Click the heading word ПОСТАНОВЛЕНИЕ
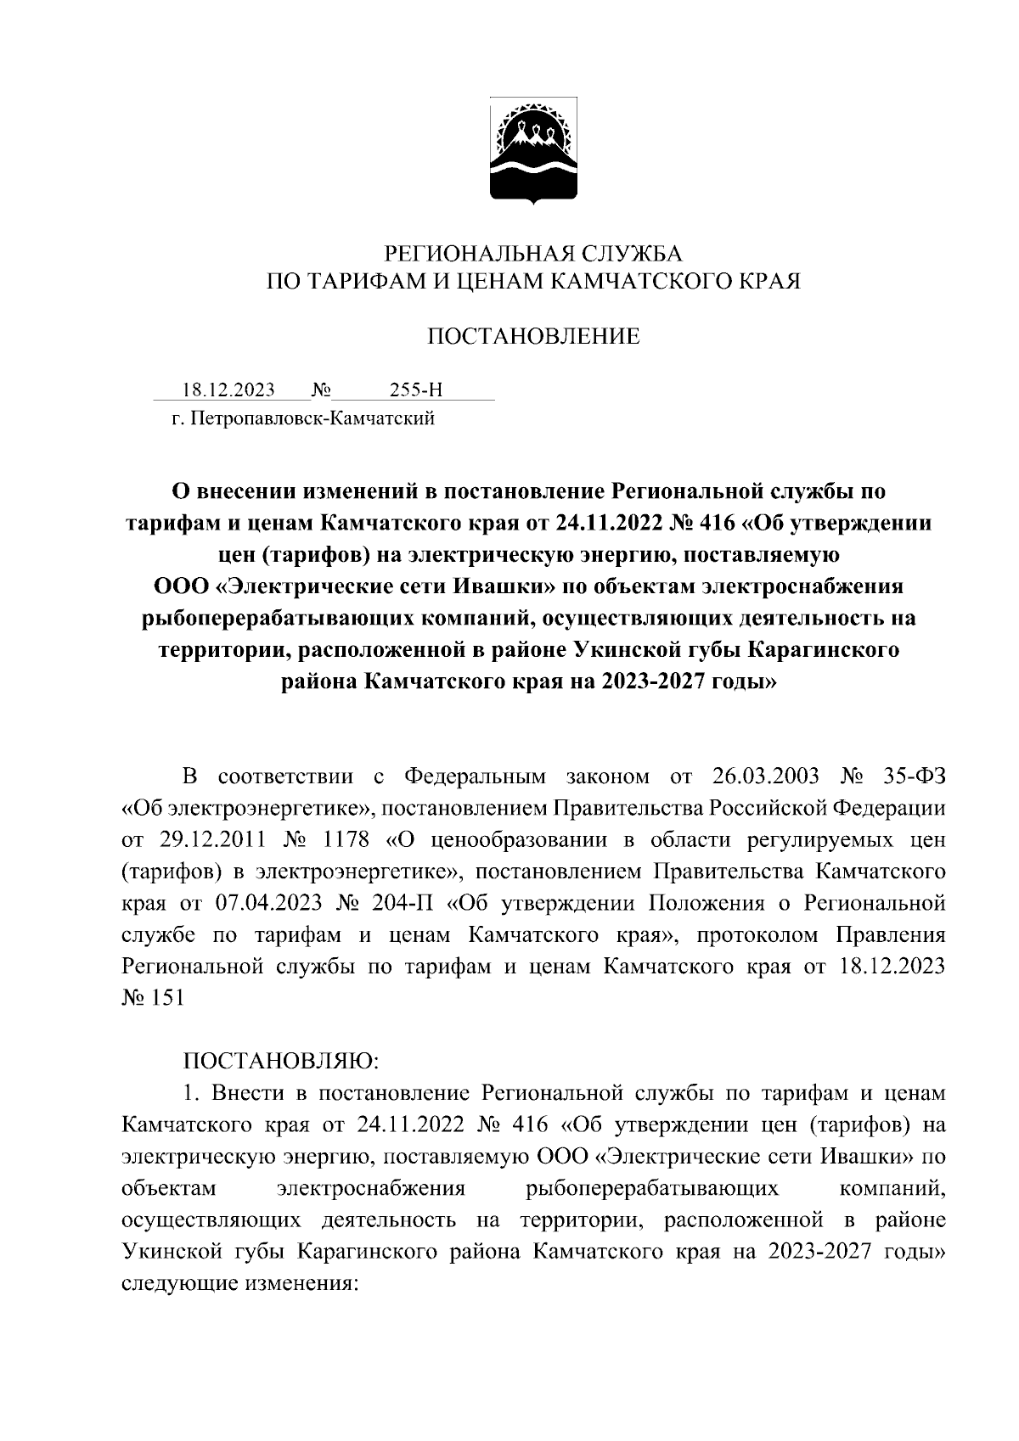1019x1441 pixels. tap(532, 338)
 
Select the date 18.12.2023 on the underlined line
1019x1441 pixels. tap(228, 390)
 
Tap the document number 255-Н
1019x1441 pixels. tap(416, 390)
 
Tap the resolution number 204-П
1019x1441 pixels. tap(403, 904)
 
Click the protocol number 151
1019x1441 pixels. tap(168, 999)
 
